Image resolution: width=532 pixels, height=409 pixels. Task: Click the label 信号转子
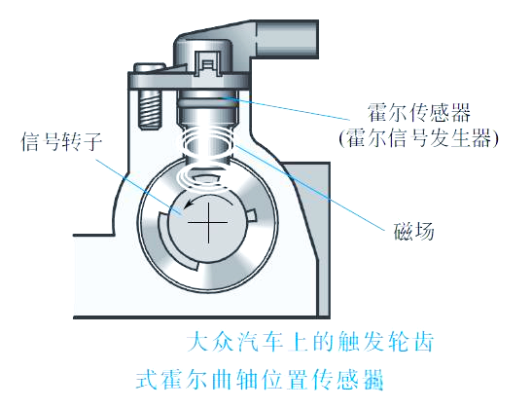[61, 141]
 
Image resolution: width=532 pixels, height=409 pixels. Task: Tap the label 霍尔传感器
[419, 112]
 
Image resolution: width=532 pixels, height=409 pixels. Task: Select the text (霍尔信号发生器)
[419, 138]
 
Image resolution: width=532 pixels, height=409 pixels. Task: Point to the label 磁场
[413, 232]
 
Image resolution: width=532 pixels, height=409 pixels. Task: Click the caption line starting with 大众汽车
[310, 342]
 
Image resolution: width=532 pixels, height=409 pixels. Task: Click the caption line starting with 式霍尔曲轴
[260, 379]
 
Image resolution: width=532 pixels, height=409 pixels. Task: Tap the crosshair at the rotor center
[207, 223]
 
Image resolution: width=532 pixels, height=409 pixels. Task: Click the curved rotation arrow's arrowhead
[187, 204]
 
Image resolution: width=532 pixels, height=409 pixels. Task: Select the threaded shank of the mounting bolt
[149, 109]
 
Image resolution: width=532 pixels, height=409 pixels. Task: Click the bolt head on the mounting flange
[150, 67]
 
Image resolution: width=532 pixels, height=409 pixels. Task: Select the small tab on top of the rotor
[204, 178]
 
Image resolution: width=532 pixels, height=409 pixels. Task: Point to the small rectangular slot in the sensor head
[207, 63]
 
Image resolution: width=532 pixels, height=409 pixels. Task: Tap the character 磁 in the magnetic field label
[404, 232]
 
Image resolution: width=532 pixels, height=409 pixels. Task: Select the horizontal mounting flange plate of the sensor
[189, 81]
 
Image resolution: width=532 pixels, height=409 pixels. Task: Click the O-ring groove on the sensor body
[207, 101]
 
